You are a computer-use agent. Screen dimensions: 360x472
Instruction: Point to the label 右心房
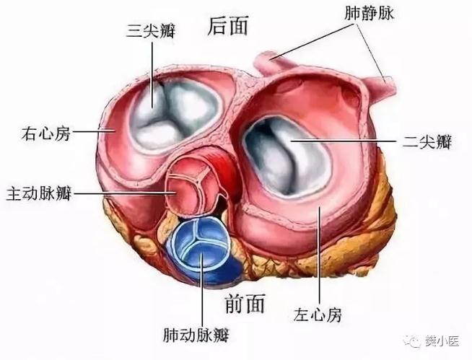[45, 133]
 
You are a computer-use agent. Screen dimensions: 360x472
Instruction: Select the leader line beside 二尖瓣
[346, 141]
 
